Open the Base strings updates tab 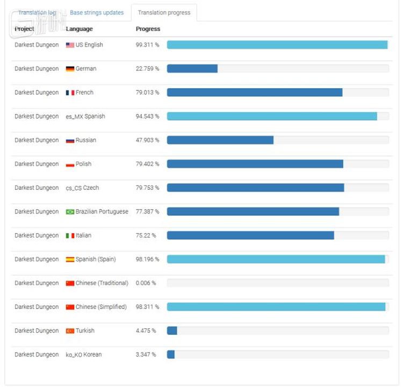pos(97,12)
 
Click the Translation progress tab pos(164,12)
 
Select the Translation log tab pos(37,12)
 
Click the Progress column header pos(148,29)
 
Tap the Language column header pos(79,29)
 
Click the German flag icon pos(70,69)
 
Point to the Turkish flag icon pos(70,331)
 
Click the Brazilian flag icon pos(70,212)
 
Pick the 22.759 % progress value pos(147,69)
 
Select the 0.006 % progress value pos(146,283)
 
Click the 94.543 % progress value pos(147,117)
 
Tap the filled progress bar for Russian pos(220,140)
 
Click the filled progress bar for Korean pos(171,355)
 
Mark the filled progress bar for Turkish pos(172,331)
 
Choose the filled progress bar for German pos(192,69)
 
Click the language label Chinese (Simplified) pos(101,307)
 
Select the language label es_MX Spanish pos(85,117)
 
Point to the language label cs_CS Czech pos(82,188)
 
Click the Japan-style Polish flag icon pos(70,164)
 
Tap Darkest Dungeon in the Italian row pos(37,235)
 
